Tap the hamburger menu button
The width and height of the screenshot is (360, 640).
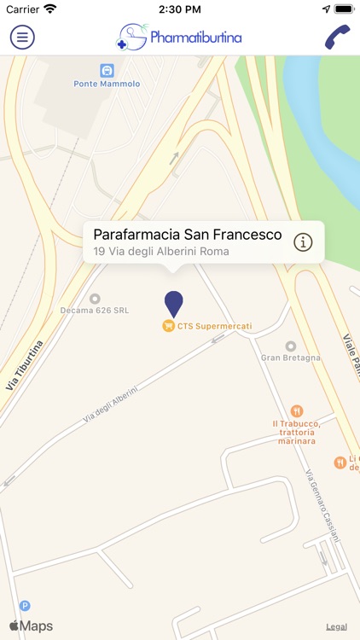[22, 37]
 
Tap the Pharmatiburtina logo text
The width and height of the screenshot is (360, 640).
[195, 38]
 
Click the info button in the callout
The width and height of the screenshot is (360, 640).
[303, 242]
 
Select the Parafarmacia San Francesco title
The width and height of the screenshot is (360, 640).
[187, 234]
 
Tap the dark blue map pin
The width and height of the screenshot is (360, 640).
[173, 303]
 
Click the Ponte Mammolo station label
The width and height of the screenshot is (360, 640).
[107, 84]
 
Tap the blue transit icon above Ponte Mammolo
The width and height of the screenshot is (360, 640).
[107, 70]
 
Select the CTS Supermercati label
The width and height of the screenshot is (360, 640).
[208, 325]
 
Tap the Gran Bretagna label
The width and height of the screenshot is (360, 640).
[290, 358]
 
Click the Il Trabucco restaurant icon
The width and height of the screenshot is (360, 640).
[296, 410]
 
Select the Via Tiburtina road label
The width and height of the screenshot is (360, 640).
[24, 365]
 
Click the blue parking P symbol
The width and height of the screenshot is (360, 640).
[25, 606]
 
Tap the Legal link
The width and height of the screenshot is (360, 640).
[336, 627]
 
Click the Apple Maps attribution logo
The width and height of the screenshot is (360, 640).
[31, 626]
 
